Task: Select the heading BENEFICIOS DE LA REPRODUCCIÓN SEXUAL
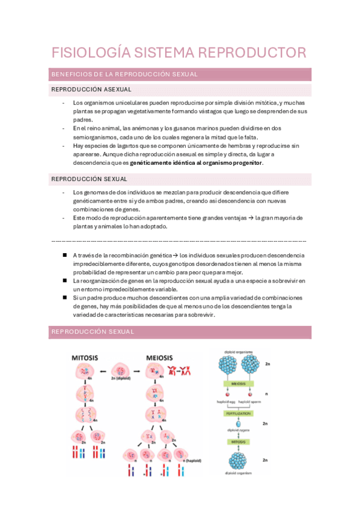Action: [x=125, y=75]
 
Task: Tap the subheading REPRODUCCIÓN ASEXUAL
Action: [x=91, y=90]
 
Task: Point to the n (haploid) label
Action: [x=191, y=460]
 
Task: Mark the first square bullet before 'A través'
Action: [x=64, y=255]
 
